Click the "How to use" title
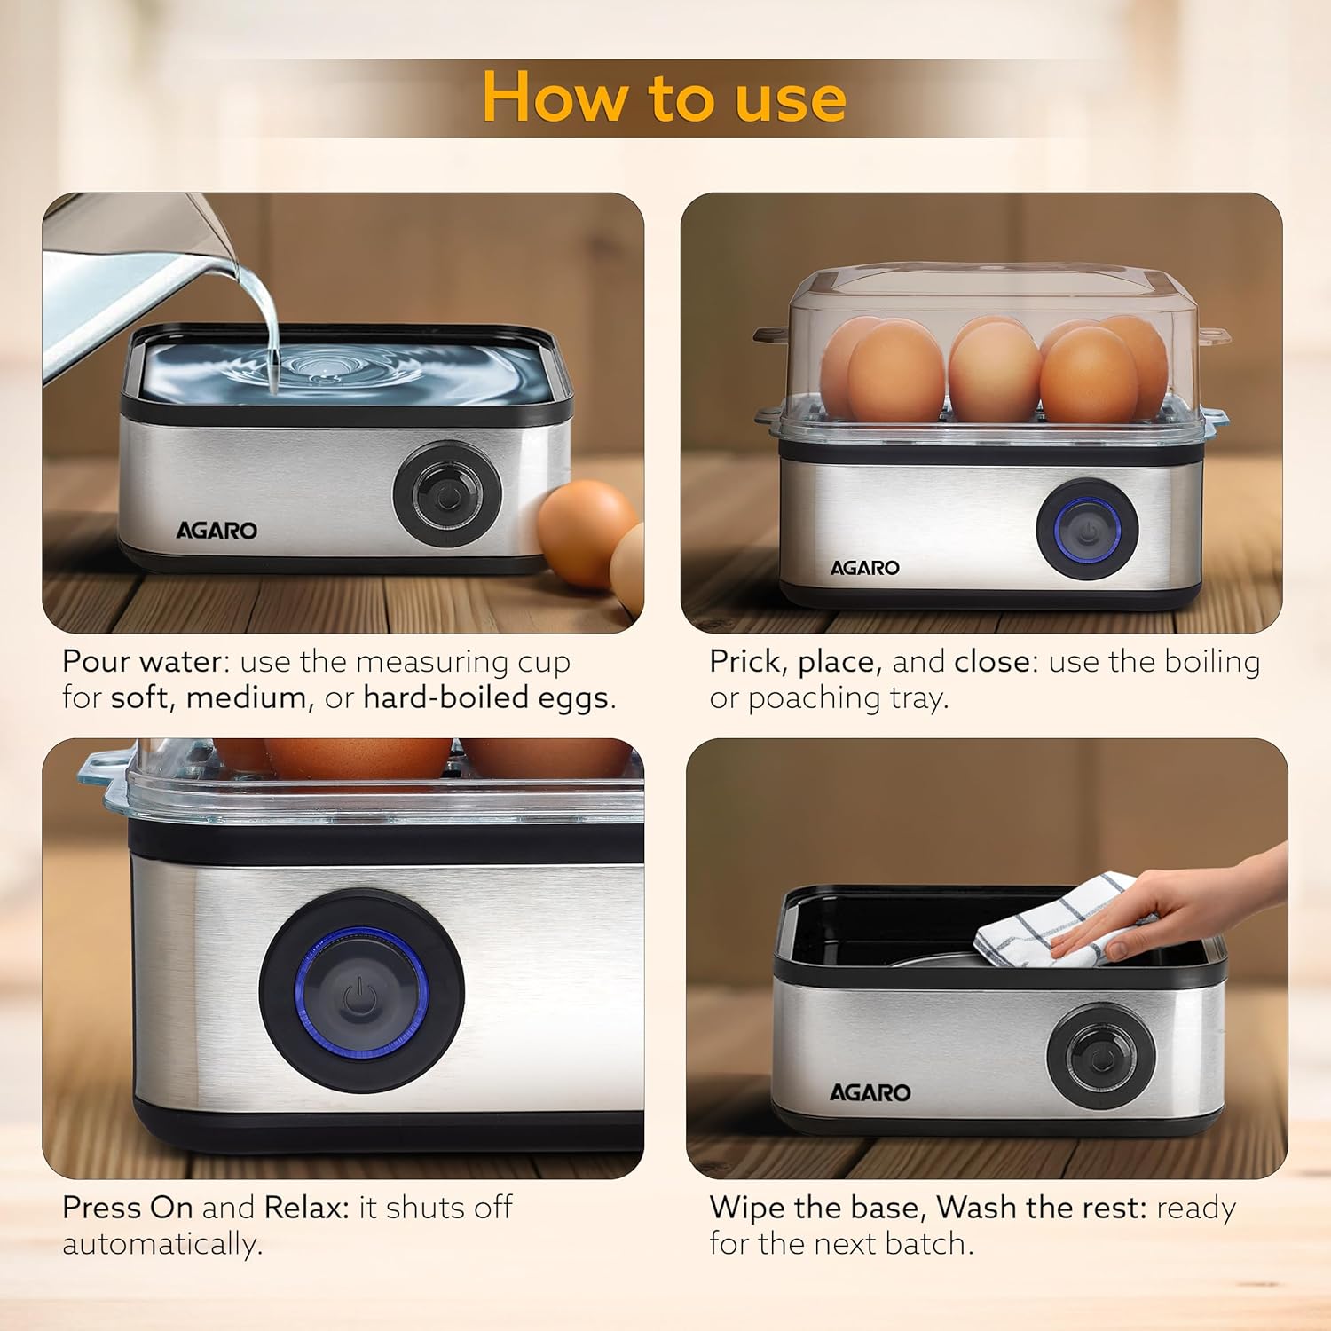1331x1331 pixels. click(x=664, y=97)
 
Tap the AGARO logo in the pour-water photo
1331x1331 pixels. click(x=217, y=531)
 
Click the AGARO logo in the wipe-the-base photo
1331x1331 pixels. click(x=870, y=1092)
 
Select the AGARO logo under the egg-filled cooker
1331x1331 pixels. click(x=864, y=568)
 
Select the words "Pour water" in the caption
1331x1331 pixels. click(x=141, y=662)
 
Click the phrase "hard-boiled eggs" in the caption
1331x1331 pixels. click(x=486, y=698)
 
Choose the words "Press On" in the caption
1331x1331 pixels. click(x=127, y=1208)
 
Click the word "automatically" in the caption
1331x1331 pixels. click(x=161, y=1244)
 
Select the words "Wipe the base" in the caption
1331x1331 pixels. click(x=816, y=1208)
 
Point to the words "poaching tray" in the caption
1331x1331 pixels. click(x=847, y=698)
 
